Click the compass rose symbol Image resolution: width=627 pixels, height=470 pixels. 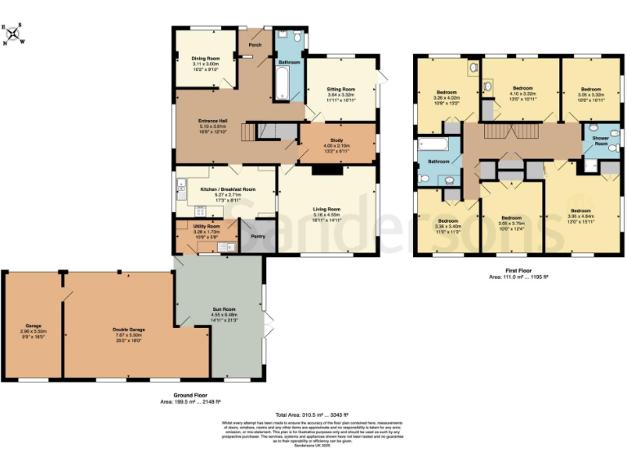[x=14, y=34]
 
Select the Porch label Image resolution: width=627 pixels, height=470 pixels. [x=255, y=45]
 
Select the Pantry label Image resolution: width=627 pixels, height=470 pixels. [x=258, y=237]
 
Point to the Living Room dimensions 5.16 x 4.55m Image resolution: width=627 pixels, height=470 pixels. [x=327, y=215]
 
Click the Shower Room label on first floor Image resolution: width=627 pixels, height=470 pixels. [x=600, y=140]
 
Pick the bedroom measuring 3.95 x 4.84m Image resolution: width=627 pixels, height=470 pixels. [x=580, y=216]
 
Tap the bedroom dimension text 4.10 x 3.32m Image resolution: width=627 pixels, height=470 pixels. [x=522, y=94]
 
